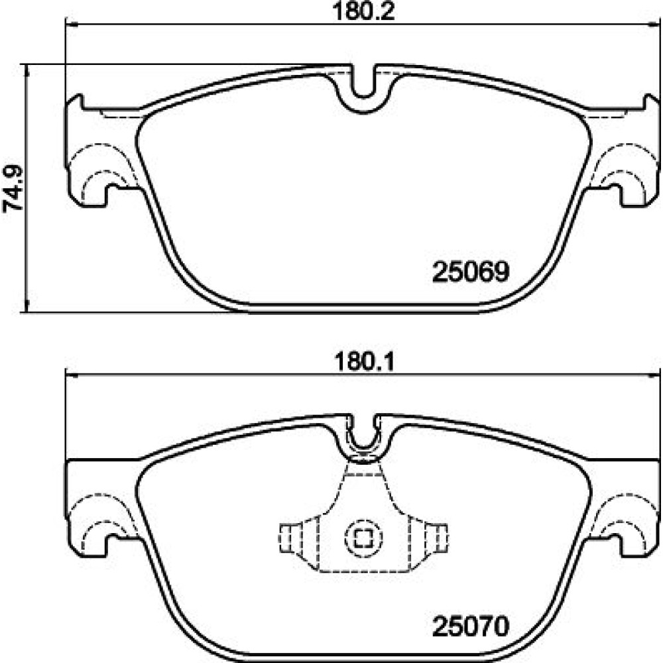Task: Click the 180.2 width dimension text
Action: pos(363,11)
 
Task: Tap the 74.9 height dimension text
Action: pos(13,188)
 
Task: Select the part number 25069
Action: pos(471,271)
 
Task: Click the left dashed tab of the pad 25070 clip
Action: pos(291,538)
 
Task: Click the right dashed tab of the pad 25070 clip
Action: pos(436,538)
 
